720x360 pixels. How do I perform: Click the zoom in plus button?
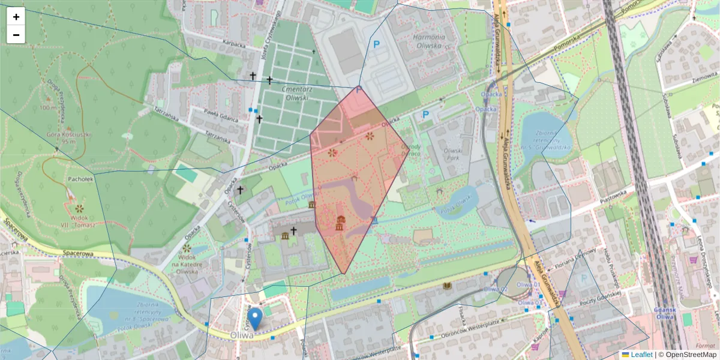tap(16, 17)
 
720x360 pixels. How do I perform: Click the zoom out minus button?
tap(16, 35)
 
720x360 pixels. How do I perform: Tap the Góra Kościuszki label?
tap(70, 138)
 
